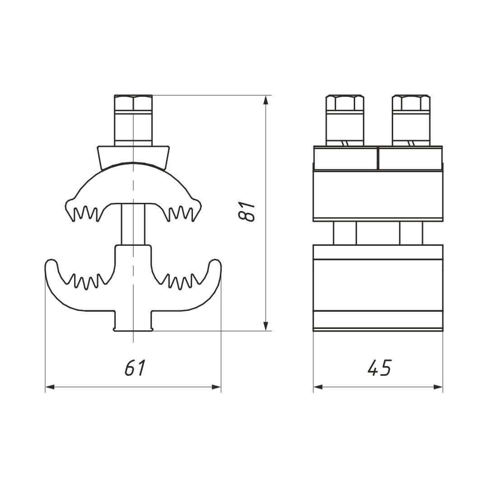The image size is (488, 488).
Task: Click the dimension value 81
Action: click(x=246, y=211)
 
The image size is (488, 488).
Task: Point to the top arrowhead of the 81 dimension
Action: click(x=266, y=100)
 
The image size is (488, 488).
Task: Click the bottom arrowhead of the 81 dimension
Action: click(x=266, y=325)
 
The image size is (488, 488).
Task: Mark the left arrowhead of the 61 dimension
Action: click(x=50, y=387)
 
